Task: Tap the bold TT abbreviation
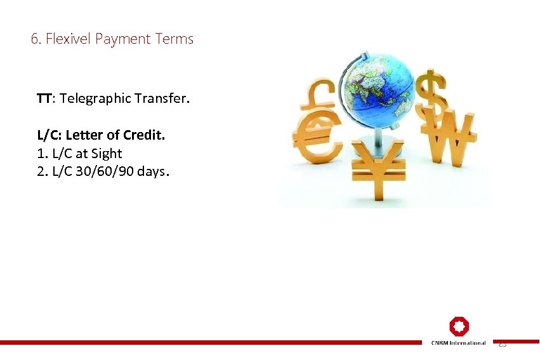[x=44, y=98]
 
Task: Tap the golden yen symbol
[x=378, y=168]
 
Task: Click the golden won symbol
[x=452, y=137]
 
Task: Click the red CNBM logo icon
[x=459, y=327]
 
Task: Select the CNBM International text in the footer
[x=459, y=343]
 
